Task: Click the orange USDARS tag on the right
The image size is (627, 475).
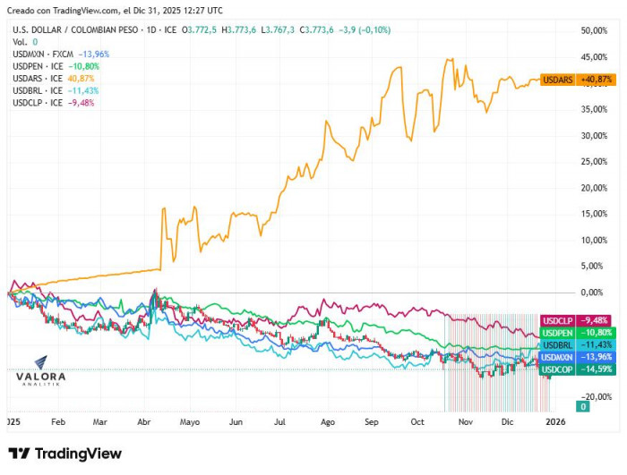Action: (558, 80)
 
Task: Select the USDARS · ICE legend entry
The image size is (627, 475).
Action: (38, 79)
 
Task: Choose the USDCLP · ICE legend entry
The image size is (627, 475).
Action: (38, 103)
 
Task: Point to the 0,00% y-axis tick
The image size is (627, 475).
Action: (600, 293)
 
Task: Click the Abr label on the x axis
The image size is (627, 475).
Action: (144, 420)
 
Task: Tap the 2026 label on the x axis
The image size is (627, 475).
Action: (555, 420)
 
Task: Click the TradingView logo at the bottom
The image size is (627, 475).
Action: (64, 454)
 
